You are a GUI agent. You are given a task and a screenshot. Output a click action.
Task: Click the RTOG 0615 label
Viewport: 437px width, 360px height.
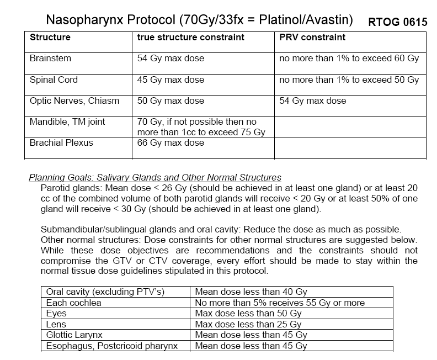[397, 23]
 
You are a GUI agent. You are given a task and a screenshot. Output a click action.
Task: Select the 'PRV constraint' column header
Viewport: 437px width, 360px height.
[312, 38]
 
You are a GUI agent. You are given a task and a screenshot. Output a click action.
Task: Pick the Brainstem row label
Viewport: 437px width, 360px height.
[50, 58]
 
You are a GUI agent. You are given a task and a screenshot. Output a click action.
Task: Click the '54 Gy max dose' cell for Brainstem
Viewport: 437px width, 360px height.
[170, 58]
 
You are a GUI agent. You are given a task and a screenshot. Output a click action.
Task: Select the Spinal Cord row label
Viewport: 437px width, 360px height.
[54, 80]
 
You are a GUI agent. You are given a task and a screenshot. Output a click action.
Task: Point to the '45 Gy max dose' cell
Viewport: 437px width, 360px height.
[170, 80]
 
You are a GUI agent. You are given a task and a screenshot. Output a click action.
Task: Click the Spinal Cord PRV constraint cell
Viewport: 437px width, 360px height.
[349, 80]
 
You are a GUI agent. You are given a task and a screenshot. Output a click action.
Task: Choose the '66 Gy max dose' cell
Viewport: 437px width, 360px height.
[170, 143]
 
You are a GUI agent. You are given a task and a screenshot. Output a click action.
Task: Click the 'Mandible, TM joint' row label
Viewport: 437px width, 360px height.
[67, 121]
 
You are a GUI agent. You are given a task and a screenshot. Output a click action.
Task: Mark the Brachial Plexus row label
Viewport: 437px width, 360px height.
[61, 143]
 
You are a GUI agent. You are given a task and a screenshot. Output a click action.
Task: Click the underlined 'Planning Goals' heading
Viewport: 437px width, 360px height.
[155, 177]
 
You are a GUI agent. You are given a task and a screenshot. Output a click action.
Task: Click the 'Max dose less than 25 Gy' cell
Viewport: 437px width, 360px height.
[248, 324]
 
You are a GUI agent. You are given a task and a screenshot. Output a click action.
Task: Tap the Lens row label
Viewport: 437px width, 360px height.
[56, 324]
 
